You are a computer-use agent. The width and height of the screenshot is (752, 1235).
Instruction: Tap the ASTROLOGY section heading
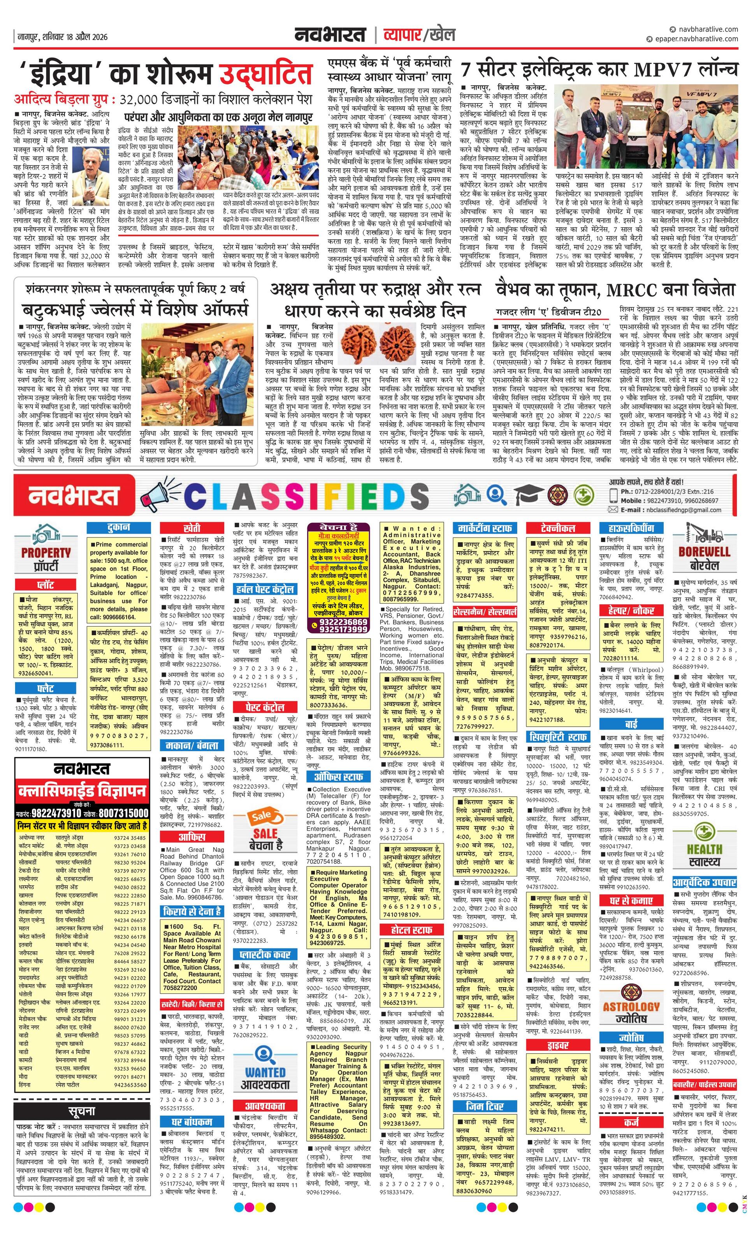(631, 993)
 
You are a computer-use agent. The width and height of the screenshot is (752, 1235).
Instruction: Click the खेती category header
(192, 528)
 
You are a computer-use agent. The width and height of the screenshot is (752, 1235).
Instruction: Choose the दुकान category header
(118, 527)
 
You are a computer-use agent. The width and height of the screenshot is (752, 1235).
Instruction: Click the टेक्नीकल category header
(558, 528)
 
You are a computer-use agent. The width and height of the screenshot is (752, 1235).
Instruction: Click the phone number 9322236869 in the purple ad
(338, 622)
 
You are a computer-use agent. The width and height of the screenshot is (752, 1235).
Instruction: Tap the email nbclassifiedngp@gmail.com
(679, 510)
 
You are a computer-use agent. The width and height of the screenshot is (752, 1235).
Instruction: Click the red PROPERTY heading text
(46, 552)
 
